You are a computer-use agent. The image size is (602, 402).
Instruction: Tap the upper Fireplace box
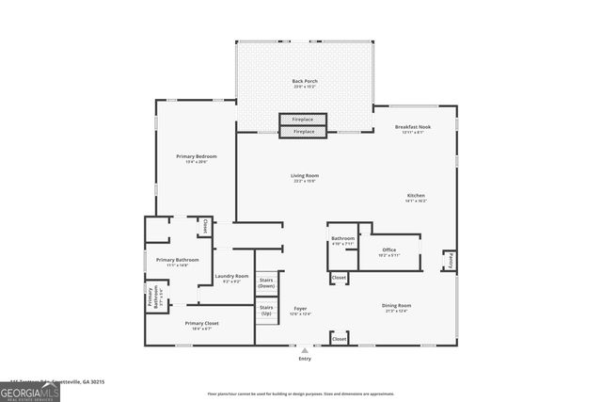point(303,120)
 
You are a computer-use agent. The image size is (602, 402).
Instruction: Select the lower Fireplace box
point(303,132)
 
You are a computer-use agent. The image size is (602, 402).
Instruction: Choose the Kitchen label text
point(416,198)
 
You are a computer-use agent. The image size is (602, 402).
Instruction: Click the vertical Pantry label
point(451,259)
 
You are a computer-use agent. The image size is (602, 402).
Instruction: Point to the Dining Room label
point(396,307)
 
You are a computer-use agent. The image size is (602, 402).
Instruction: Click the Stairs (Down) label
point(267,282)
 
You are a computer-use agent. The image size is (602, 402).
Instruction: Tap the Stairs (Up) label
point(267,310)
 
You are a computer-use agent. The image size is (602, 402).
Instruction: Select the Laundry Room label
point(231,278)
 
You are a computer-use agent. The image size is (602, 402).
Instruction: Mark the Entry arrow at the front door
point(304,350)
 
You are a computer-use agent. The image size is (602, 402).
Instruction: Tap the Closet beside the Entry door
point(339,338)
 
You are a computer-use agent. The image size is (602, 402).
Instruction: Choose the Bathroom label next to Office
point(342,240)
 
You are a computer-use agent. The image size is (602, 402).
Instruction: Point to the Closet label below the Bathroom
point(339,278)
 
